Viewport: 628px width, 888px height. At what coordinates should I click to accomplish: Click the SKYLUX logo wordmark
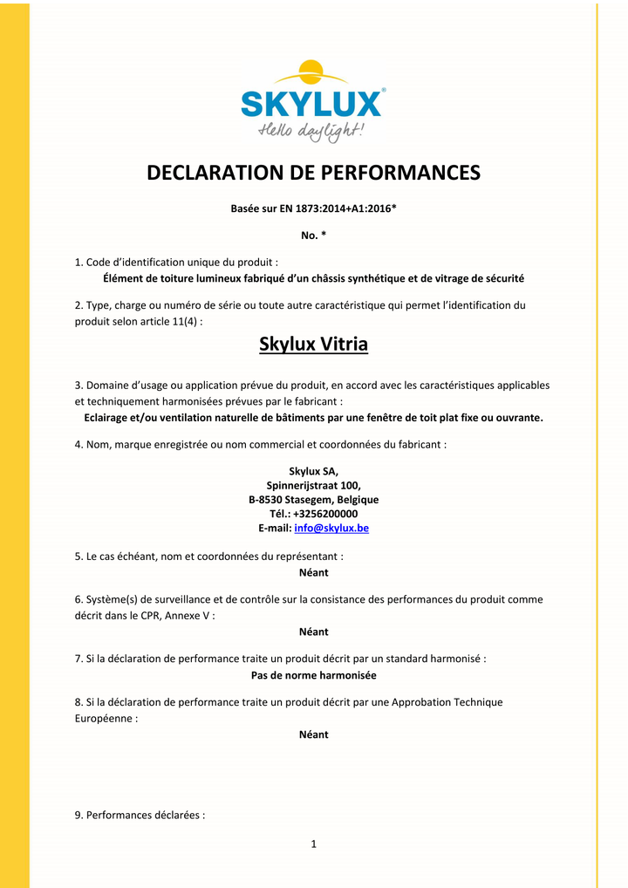tap(311, 104)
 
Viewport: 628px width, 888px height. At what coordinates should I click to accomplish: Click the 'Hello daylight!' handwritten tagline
tap(311, 132)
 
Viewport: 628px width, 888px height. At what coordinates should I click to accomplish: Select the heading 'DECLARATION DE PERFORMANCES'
tap(313, 173)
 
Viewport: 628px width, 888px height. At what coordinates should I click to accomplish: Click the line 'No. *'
tap(313, 235)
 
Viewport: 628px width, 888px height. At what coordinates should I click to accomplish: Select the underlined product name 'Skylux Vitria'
tap(313, 345)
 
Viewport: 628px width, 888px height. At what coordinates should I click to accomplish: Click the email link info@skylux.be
tap(338, 529)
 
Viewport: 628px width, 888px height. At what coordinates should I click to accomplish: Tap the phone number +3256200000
tap(324, 514)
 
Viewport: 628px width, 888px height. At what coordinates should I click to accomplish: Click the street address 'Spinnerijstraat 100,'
tap(313, 485)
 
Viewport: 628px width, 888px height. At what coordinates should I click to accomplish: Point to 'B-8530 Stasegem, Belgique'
tap(313, 500)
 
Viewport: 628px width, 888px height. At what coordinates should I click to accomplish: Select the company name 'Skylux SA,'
tap(313, 471)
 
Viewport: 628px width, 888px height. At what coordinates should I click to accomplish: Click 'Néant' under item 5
tap(313, 572)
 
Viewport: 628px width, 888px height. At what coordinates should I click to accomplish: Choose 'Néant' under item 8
tap(313, 734)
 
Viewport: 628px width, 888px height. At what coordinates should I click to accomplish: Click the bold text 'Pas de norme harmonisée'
tap(313, 675)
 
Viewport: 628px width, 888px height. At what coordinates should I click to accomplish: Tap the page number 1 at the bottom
tap(313, 844)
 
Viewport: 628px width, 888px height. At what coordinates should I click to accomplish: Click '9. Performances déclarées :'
tap(140, 816)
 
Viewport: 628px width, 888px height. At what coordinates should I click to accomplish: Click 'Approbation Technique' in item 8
tap(447, 702)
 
